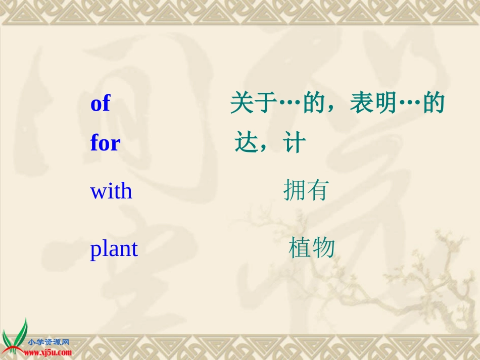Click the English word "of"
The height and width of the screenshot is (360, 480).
pos(100,104)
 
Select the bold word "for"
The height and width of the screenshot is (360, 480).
pos(105,143)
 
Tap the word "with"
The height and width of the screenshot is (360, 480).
pos(111,191)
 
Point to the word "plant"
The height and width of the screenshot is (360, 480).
pos(114,249)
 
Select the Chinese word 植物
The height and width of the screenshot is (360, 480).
pos(312,248)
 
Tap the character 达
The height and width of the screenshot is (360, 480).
pos(246,143)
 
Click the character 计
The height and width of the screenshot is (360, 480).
pos(295,143)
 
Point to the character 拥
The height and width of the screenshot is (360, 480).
pos(295,190)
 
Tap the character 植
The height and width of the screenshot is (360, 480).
pos(300,248)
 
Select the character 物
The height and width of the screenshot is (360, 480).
pos(324,248)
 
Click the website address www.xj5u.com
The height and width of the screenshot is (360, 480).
pos(48,353)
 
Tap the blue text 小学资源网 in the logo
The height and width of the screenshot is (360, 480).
pos(49,342)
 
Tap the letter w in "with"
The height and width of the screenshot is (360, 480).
pos(98,192)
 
